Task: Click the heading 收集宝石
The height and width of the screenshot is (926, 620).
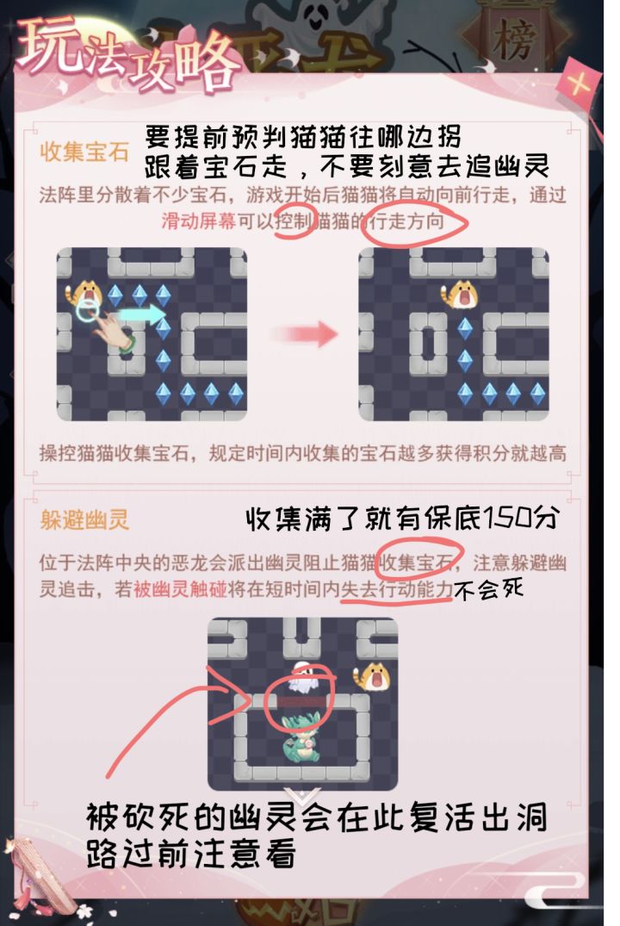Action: [x=84, y=152]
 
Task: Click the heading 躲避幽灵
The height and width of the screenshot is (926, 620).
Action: [x=84, y=519]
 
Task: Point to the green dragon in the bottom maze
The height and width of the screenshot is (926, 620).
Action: [x=302, y=739]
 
